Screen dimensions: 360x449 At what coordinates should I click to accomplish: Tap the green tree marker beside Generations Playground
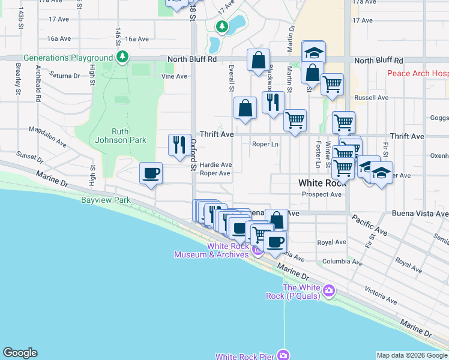point(122,58)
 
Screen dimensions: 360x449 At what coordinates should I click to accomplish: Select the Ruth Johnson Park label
point(128,136)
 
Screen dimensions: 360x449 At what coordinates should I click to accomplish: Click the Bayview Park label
point(106,199)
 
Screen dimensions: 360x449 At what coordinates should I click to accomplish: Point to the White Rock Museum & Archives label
point(211,250)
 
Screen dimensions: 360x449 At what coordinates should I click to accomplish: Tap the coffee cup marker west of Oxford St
point(151,173)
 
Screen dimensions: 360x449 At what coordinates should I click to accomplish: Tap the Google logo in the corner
point(20,353)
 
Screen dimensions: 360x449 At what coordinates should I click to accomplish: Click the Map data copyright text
point(412,355)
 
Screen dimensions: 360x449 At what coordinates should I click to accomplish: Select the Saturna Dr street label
point(65,76)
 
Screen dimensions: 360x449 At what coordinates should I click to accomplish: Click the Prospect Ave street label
point(322,194)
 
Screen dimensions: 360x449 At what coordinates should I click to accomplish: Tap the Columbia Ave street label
point(342,262)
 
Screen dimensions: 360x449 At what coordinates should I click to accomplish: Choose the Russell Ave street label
point(368,97)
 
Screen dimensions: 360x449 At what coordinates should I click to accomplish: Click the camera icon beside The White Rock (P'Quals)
point(328,291)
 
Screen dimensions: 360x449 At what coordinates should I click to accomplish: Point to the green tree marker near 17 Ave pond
point(222,26)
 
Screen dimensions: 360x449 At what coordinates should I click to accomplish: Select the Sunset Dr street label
point(30,158)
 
